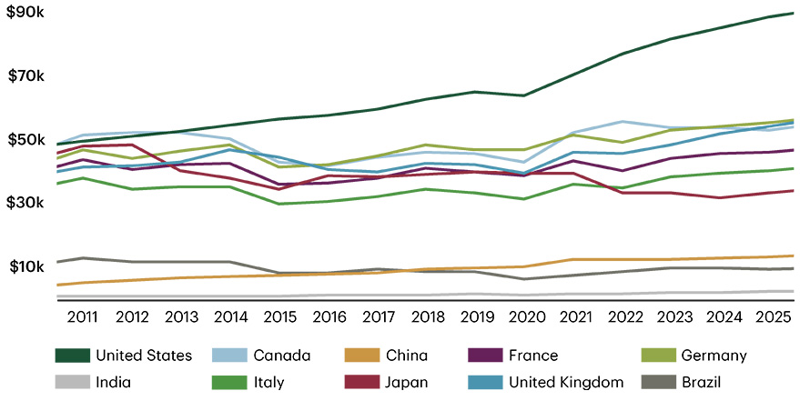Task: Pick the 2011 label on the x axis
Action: tap(83, 316)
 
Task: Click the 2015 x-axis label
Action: tap(280, 316)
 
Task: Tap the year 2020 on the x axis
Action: tap(528, 316)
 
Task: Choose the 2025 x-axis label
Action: tap(775, 316)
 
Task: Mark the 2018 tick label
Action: tap(429, 316)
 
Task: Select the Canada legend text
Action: tap(282, 356)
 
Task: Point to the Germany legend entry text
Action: tap(714, 356)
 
